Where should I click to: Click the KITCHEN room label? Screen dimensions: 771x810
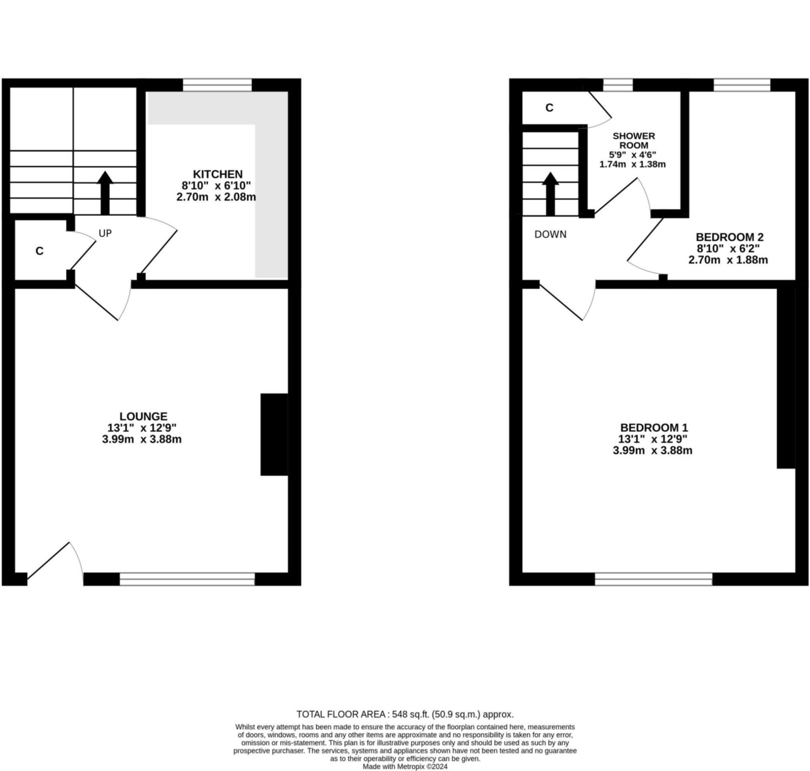point(217,174)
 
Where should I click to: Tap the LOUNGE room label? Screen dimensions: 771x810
point(142,417)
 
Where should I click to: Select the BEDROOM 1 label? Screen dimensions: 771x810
point(654,427)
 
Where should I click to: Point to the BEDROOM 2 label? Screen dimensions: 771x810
point(729,237)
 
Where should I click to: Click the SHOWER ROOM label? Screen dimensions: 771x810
point(633,140)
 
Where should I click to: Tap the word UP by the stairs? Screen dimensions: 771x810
point(105,234)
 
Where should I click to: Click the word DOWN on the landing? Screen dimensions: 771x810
point(550,234)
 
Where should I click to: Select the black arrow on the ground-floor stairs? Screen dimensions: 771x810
point(105,192)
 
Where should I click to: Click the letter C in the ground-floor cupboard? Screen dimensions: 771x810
point(40,251)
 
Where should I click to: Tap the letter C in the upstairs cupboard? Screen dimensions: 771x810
point(549,107)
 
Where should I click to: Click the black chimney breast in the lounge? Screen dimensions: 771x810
point(274,435)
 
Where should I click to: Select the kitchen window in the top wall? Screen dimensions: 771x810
point(217,84)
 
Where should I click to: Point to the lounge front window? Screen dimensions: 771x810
point(187,579)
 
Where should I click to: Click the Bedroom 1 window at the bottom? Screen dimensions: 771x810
point(653,579)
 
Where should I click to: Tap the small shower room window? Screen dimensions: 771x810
point(618,84)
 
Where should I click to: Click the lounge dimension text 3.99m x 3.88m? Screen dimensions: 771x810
point(142,439)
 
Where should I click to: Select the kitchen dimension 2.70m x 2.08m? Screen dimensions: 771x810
point(217,197)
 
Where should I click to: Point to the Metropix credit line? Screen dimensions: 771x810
point(405,766)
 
